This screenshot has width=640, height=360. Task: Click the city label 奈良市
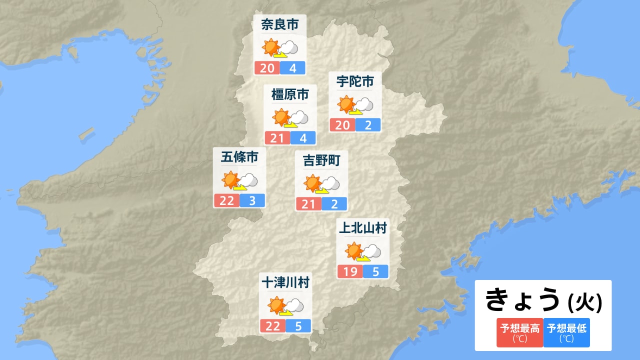279,24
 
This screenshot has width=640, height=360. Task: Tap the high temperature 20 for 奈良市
267,67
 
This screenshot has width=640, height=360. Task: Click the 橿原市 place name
290,94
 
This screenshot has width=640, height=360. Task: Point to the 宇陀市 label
355,81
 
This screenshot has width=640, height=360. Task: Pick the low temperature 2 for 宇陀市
368,125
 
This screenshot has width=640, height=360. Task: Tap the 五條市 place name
239,157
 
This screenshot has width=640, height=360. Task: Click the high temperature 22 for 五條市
226,201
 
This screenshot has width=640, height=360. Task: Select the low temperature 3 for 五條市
252,201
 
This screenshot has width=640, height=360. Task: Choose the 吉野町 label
321,160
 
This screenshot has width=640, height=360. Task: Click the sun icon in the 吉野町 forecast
312,183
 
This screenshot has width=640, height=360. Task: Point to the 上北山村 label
363,228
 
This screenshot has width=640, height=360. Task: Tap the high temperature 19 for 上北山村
350,272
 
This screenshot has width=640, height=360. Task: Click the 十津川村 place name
285,283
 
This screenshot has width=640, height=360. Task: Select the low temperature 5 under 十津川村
298,326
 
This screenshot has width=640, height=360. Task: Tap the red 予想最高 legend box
520,332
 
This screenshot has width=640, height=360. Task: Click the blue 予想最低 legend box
566,332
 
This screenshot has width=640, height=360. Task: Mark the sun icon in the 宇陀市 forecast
346,104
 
